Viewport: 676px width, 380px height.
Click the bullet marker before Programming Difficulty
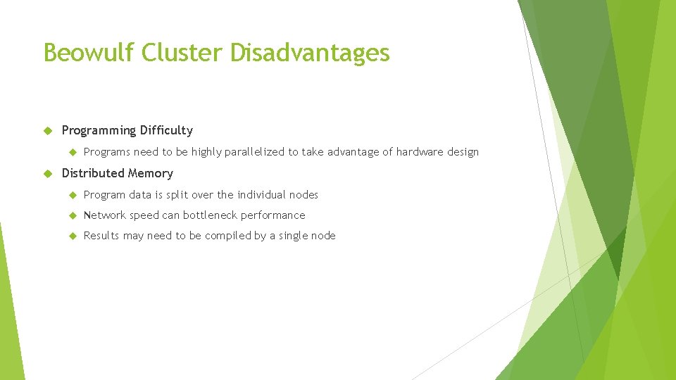pos(48,131)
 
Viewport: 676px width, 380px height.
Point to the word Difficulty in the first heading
pos(166,130)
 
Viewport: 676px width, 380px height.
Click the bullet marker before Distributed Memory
pos(48,174)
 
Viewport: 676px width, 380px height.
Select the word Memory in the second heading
pos(150,173)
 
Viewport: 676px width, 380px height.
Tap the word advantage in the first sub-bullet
pos(352,152)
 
